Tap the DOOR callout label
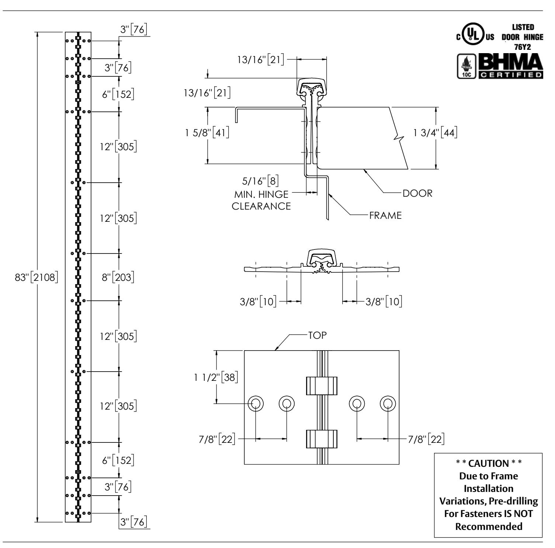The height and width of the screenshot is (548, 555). [417, 193]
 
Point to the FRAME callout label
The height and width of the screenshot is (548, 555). [385, 216]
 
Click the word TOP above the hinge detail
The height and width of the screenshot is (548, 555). [318, 335]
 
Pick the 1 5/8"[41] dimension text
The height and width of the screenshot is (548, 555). [207, 132]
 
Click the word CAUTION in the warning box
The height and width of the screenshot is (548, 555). [489, 463]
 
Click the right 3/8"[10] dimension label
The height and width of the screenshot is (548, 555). [384, 301]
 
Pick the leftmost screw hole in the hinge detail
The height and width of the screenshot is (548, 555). [256, 403]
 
